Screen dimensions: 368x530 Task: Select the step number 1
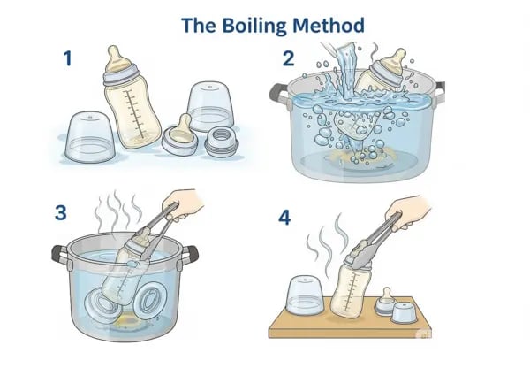67,60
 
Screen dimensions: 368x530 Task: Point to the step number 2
288,60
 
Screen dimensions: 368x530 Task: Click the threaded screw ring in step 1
218,141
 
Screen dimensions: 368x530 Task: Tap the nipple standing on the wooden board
386,304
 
